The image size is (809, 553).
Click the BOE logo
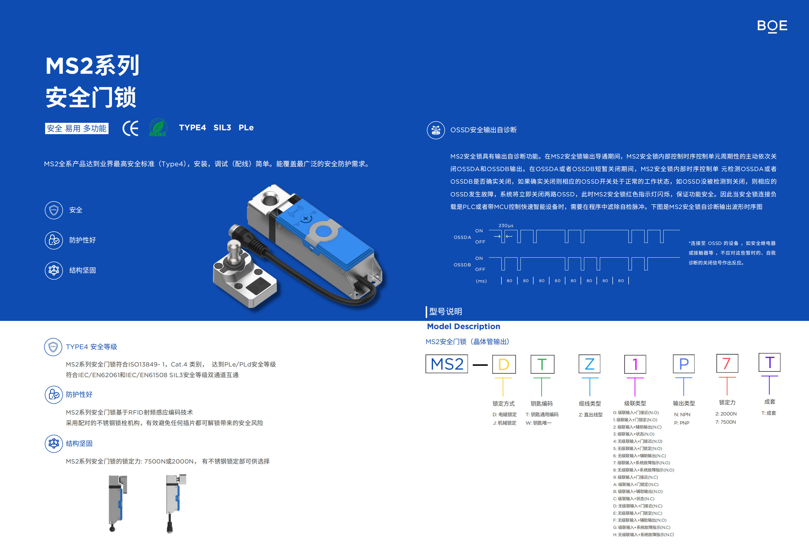tap(772, 26)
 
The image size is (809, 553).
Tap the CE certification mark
tap(130, 128)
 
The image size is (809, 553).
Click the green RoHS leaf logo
tap(158, 127)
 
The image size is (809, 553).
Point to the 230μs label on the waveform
tap(506, 226)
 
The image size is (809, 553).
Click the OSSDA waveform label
tap(462, 237)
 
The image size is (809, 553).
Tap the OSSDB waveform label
tap(462, 265)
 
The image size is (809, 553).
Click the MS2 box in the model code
tap(447, 364)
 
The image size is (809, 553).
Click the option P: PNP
tap(682, 423)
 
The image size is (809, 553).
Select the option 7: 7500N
tap(726, 422)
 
